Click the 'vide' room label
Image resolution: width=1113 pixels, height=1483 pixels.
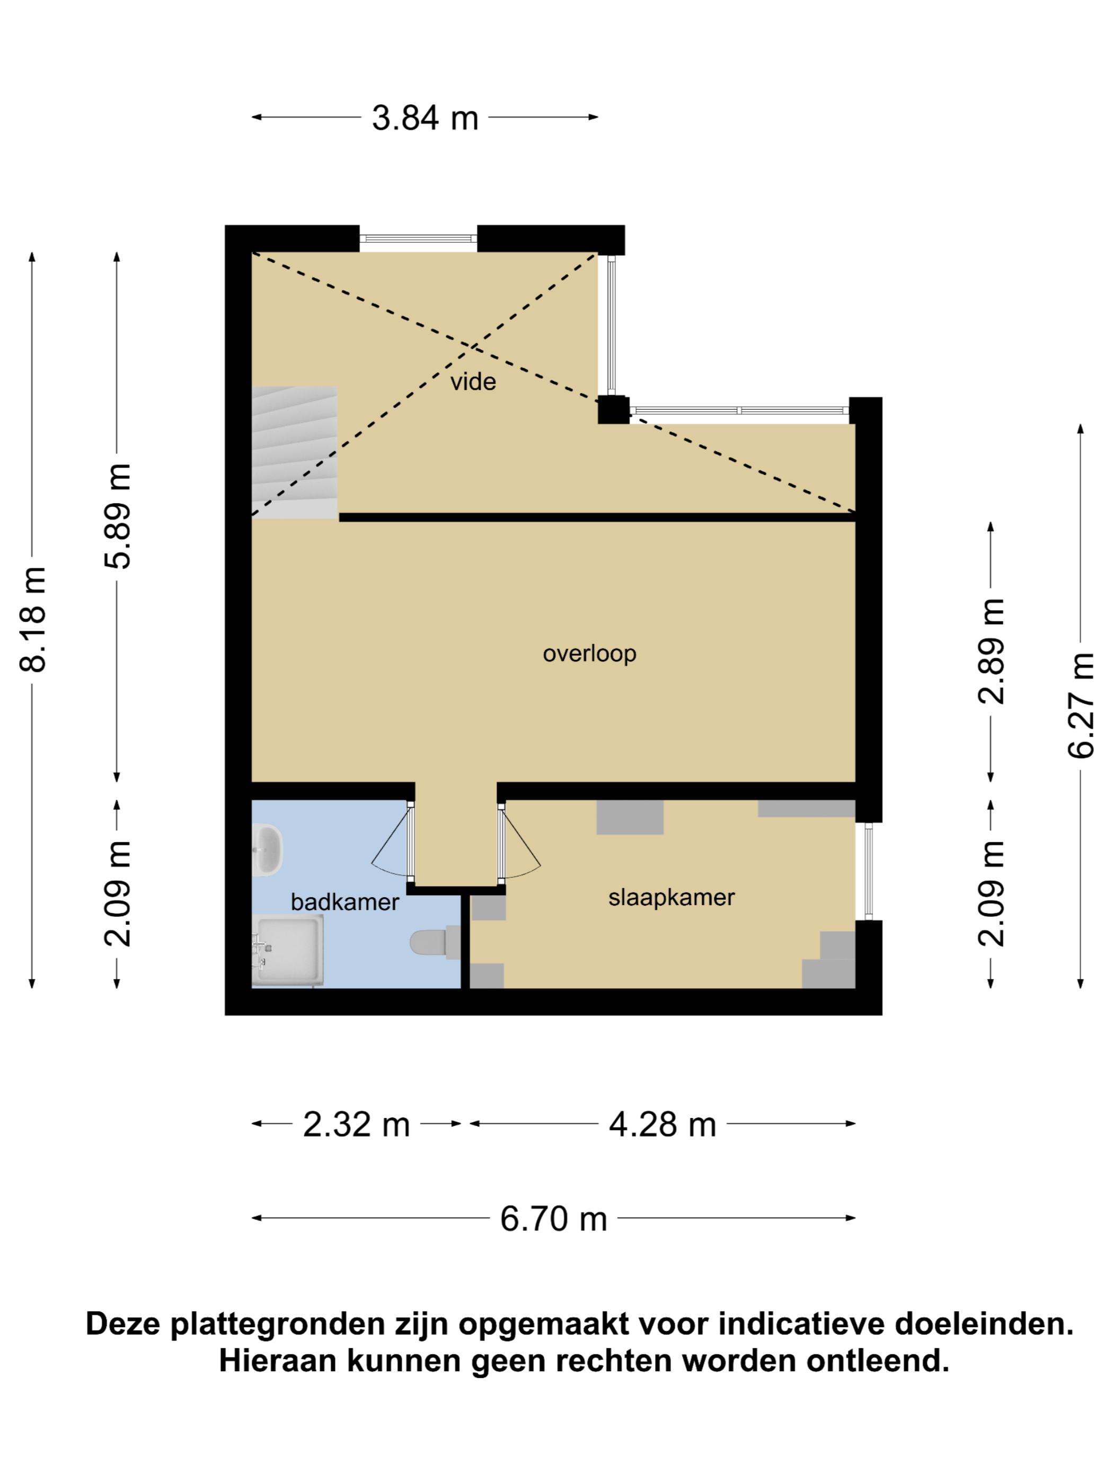click(x=472, y=382)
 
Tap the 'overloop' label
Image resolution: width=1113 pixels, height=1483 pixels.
click(x=589, y=653)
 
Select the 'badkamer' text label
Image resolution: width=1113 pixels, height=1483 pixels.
click(x=345, y=902)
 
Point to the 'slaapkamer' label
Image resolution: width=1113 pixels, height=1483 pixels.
click(x=671, y=897)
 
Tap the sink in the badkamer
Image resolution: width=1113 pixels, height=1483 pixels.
click(x=268, y=850)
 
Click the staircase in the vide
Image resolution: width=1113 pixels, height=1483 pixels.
click(x=295, y=452)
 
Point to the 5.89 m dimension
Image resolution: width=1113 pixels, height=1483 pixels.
click(x=118, y=516)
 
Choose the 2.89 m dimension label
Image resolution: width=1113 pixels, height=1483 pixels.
click(x=992, y=651)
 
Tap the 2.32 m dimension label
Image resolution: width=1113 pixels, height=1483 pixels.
click(x=356, y=1124)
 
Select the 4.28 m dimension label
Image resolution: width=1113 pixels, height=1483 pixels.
click(x=662, y=1124)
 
